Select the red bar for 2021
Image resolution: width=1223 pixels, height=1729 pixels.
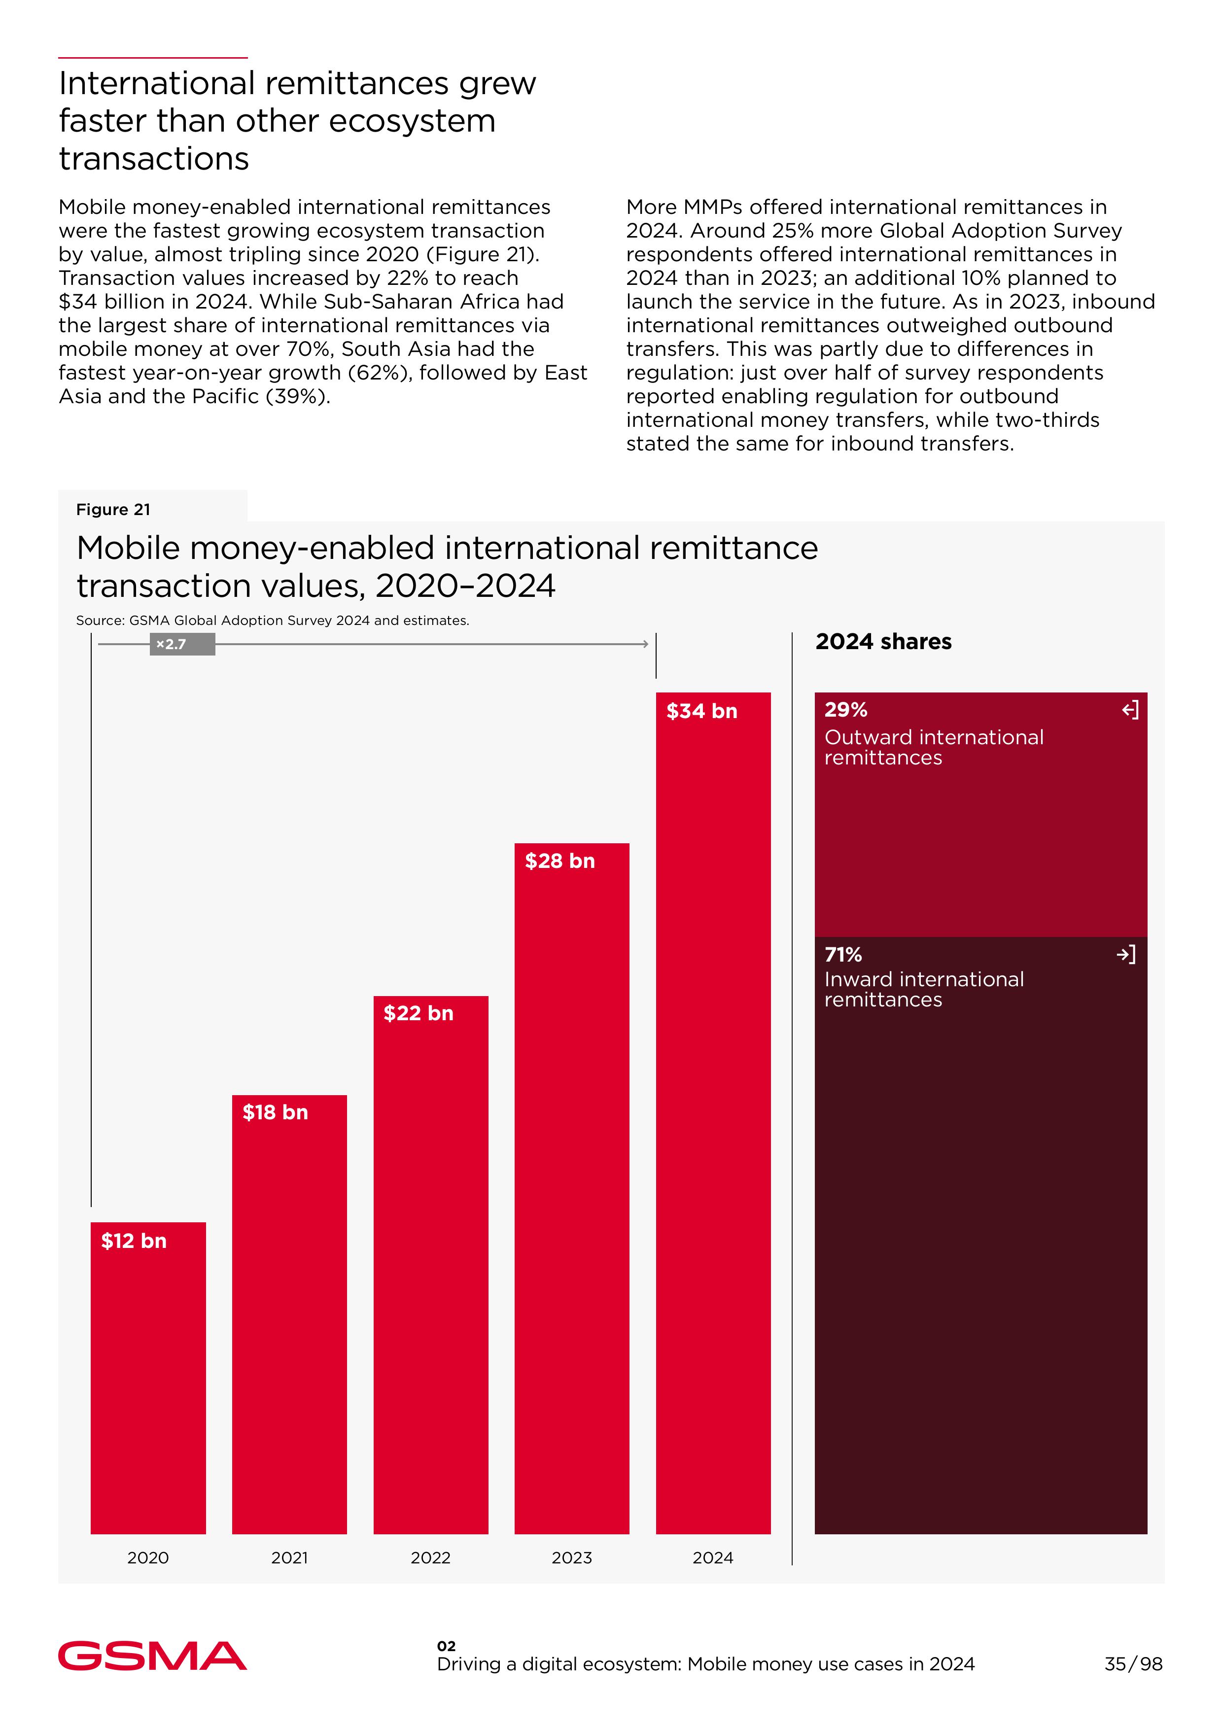(x=289, y=1325)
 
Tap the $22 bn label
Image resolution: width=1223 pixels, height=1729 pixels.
(x=418, y=1014)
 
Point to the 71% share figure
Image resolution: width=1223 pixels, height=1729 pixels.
(x=843, y=955)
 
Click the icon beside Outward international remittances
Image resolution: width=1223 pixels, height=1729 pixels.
(x=1130, y=710)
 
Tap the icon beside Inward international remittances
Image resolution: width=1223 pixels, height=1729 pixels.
(x=1126, y=955)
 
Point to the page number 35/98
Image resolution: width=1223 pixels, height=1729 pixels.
(x=1133, y=1664)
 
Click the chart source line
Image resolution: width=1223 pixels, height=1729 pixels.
(x=272, y=621)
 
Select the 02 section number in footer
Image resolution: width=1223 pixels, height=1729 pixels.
(x=446, y=1646)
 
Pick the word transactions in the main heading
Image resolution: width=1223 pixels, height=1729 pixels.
(x=154, y=159)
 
